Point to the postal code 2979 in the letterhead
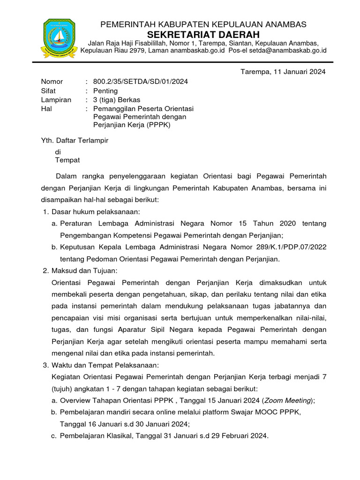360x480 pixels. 136,51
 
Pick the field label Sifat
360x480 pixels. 49,90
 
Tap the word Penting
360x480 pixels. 105,90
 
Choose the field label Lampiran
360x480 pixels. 56,99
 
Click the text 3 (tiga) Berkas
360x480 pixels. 116,99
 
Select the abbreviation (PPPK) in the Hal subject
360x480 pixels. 157,125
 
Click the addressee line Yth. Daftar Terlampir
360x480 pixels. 75,140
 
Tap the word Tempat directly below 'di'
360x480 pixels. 67,160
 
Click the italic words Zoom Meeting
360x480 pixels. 288,400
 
